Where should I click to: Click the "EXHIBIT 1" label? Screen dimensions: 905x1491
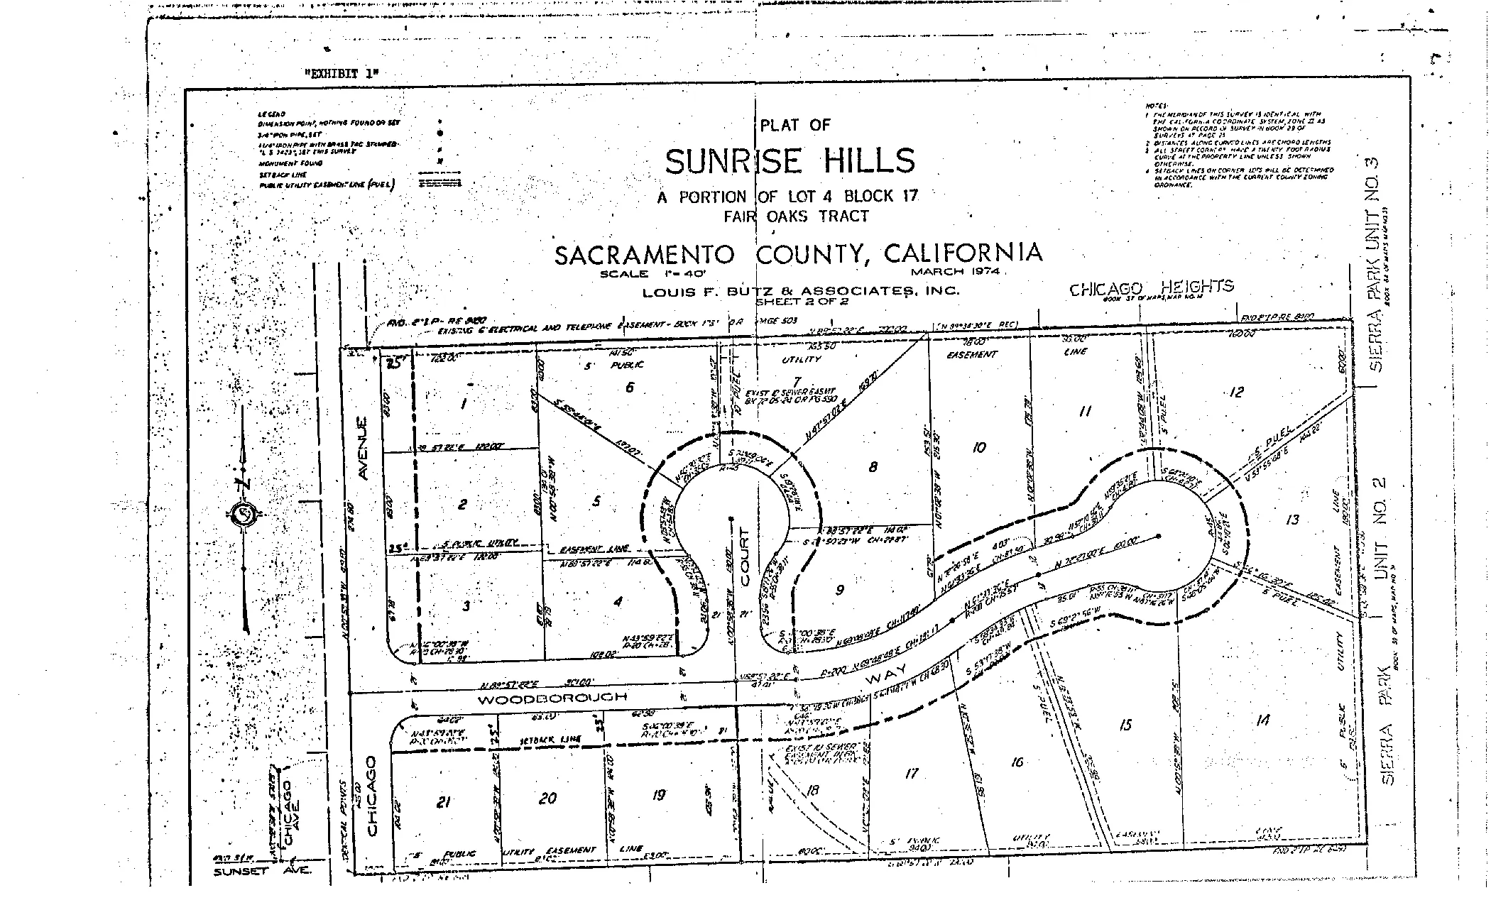(x=342, y=73)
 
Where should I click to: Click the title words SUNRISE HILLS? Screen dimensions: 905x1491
(x=790, y=162)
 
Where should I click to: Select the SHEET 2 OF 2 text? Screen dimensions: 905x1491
(x=801, y=301)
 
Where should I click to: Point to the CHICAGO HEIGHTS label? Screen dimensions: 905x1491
(x=1151, y=287)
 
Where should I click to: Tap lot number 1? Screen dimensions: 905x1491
(x=463, y=404)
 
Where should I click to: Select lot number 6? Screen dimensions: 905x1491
(x=629, y=387)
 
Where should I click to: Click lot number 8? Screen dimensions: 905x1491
(x=873, y=466)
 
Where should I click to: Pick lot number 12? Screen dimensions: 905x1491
(x=1236, y=392)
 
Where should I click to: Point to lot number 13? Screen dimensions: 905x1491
(x=1291, y=520)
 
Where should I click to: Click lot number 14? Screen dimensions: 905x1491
(x=1262, y=720)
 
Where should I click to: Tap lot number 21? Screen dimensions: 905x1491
(x=443, y=802)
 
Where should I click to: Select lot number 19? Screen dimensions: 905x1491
(x=658, y=795)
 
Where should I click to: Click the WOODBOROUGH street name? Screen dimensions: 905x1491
(x=552, y=698)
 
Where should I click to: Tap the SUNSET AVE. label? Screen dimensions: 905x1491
(x=261, y=871)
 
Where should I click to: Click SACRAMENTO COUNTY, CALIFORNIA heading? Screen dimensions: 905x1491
(x=798, y=254)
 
